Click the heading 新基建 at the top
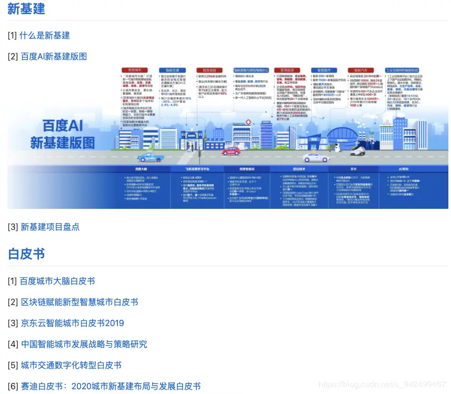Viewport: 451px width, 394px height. coord(26,9)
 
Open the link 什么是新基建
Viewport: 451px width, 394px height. coord(45,35)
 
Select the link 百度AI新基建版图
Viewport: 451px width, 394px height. coord(54,56)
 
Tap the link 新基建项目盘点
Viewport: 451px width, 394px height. coord(50,227)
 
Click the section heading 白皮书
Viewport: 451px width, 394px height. coord(26,254)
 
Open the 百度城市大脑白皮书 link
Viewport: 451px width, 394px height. coord(57,281)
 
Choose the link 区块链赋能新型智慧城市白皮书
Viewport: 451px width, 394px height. coord(79,302)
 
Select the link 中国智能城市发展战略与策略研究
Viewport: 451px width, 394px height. coord(84,344)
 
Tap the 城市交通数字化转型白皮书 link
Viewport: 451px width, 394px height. coord(71,365)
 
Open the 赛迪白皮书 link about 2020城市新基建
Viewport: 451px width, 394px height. coord(111,386)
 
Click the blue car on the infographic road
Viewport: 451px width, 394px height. coord(150,157)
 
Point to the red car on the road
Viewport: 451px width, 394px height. coord(230,151)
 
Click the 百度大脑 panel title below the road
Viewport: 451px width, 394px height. coord(140,169)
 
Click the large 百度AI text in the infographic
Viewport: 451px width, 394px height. coord(63,126)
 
